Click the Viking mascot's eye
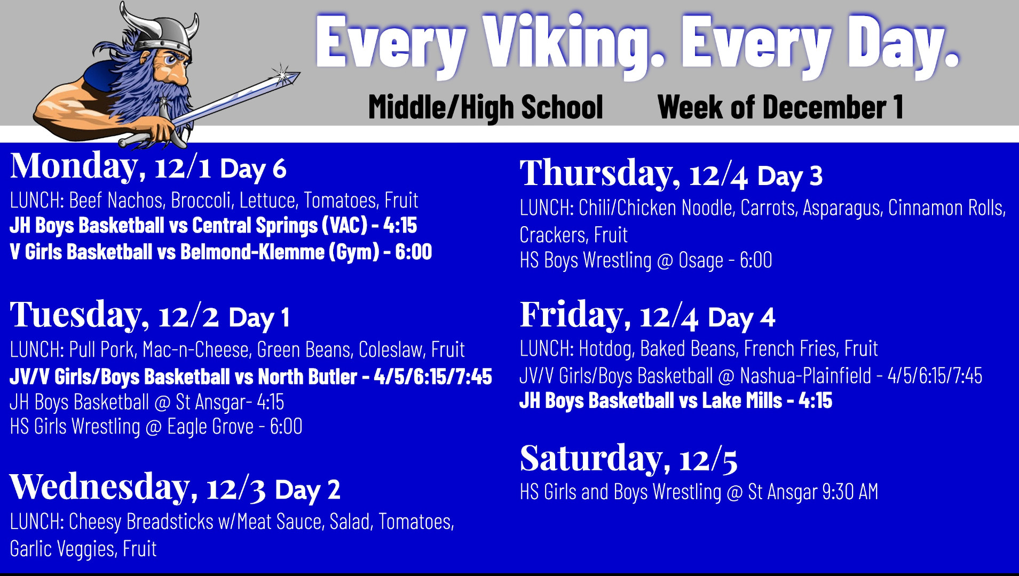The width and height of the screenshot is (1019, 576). point(170,59)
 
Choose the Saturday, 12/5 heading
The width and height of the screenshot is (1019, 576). point(629,459)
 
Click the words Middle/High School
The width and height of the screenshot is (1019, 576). point(486,108)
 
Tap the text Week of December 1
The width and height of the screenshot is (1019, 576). point(780,107)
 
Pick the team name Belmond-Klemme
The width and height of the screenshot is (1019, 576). point(252,252)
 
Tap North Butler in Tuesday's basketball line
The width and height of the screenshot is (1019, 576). point(307,377)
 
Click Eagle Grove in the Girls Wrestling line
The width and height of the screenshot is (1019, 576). point(210,427)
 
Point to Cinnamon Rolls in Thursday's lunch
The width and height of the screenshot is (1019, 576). point(946,208)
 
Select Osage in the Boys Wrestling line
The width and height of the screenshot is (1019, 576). point(701,260)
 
